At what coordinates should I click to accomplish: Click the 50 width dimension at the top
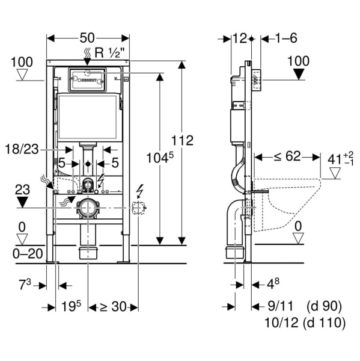(x=87, y=38)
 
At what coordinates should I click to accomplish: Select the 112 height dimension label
(x=183, y=140)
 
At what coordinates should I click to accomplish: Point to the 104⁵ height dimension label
(x=160, y=158)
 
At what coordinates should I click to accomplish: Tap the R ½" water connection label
(x=110, y=53)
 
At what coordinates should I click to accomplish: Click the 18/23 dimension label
(x=22, y=149)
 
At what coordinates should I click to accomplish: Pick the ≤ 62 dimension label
(x=287, y=156)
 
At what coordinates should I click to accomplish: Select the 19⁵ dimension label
(x=72, y=306)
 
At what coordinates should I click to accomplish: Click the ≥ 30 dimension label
(x=113, y=307)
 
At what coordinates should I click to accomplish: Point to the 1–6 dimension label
(x=287, y=38)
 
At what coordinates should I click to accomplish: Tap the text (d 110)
(x=325, y=322)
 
